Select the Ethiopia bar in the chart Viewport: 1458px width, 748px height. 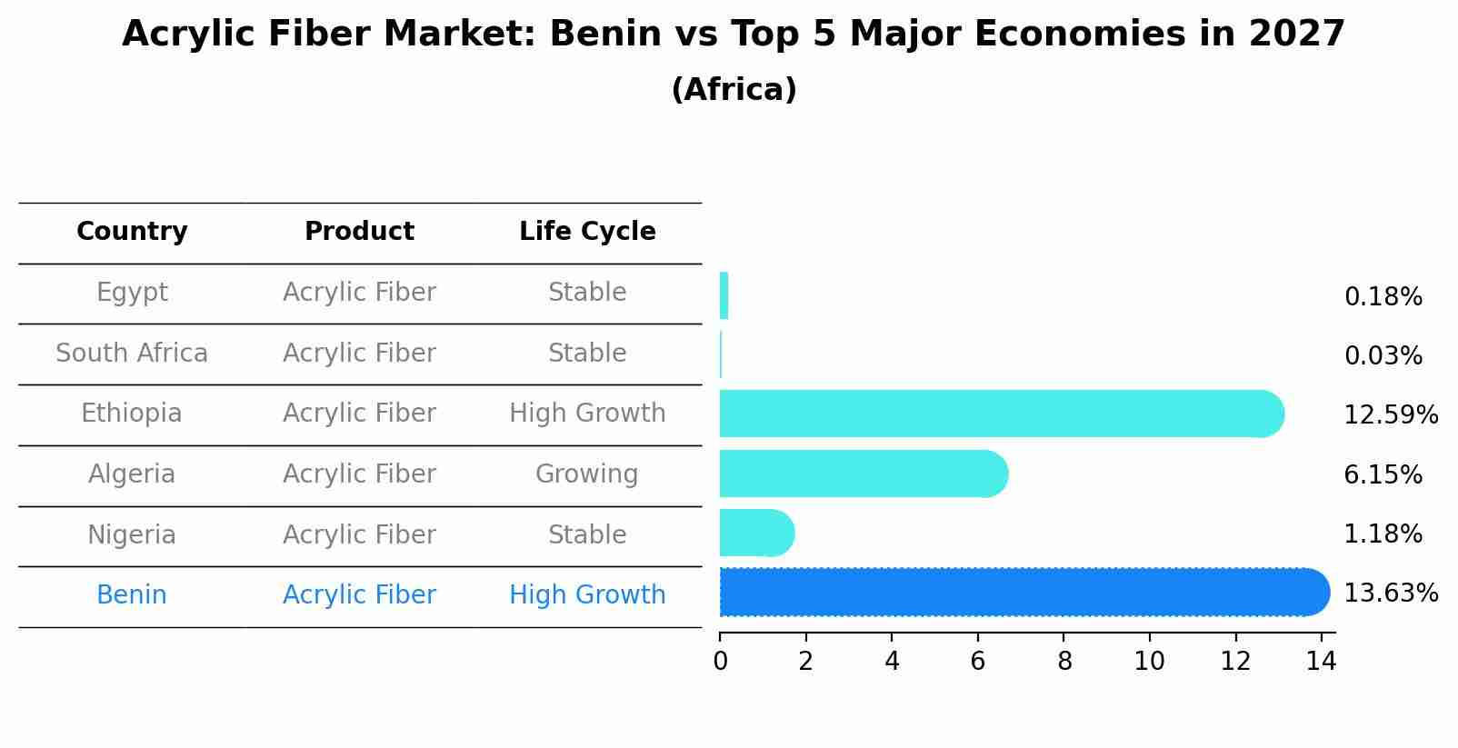click(x=1000, y=414)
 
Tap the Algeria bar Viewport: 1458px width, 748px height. click(x=864, y=474)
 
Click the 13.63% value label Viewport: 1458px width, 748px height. click(x=1390, y=593)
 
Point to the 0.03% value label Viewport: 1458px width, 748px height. click(x=1383, y=356)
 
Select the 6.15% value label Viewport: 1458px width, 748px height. click(x=1383, y=474)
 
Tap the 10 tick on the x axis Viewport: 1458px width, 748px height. click(x=1149, y=662)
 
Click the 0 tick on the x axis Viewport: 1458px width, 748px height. click(x=720, y=662)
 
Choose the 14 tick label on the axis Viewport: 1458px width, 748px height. click(x=1321, y=662)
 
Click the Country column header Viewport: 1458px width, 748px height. click(x=132, y=232)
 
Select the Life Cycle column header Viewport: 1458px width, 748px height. click(x=587, y=232)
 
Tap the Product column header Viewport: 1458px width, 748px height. click(x=359, y=232)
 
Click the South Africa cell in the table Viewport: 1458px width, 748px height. click(x=132, y=354)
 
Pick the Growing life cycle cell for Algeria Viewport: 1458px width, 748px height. click(x=586, y=474)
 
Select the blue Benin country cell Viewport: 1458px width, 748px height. click(x=132, y=595)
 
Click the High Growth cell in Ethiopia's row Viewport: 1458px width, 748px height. click(x=587, y=414)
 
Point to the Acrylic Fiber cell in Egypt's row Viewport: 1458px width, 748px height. click(x=359, y=293)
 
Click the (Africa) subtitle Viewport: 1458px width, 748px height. click(x=734, y=90)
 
